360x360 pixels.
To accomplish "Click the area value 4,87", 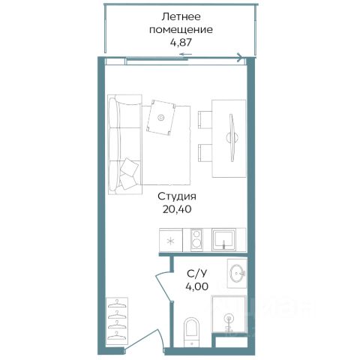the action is pyautogui.click(x=181, y=42).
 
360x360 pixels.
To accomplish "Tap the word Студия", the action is pyautogui.click(x=177, y=196).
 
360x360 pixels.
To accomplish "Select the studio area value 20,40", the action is pyautogui.click(x=177, y=209).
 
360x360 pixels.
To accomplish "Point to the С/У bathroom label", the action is pyautogui.click(x=196, y=274).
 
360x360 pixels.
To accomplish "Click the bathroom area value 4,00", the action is pyautogui.click(x=196, y=286).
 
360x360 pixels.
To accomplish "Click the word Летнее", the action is pyautogui.click(x=181, y=16).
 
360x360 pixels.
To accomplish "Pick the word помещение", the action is pyautogui.click(x=181, y=30).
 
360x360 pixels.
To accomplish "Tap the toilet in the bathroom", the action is pyautogui.click(x=191, y=331).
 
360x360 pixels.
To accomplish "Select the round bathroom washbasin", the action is pyautogui.click(x=237, y=273).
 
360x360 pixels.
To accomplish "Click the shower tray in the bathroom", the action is pyautogui.click(x=229, y=314).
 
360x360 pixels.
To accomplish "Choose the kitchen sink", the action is pyautogui.click(x=223, y=240).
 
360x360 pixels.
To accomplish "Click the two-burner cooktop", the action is pyautogui.click(x=196, y=240).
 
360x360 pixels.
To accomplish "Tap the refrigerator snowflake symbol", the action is pyautogui.click(x=171, y=241).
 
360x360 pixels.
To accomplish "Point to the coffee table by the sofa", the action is pyautogui.click(x=161, y=117).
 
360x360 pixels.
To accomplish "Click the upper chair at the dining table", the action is pyautogui.click(x=205, y=120).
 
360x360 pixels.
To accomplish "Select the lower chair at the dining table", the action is pyautogui.click(x=205, y=153).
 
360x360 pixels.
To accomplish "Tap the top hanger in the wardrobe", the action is pyautogui.click(x=117, y=304).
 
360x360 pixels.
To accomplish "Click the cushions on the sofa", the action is pyautogui.click(x=129, y=173).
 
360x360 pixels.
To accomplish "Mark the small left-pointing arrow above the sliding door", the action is pyautogui.click(x=186, y=54).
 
